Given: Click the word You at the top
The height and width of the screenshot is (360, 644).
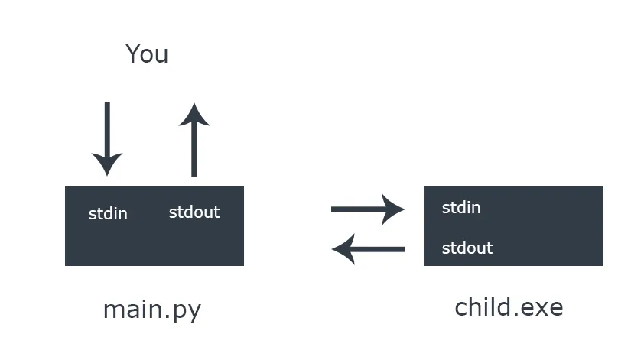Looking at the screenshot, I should tap(147, 54).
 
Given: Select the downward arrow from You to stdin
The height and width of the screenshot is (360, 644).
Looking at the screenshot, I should tap(107, 138).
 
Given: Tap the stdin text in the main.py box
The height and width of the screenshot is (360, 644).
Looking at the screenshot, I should tap(108, 214).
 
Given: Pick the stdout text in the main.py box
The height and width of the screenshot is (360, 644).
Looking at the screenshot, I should tap(194, 212).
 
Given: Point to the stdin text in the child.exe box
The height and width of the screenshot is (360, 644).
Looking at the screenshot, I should tap(461, 207).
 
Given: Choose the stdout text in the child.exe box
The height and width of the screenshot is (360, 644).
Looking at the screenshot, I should tap(467, 248).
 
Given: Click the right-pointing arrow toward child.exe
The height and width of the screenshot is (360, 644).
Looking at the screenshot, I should tap(367, 209).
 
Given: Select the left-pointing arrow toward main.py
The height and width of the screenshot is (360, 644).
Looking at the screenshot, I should tap(369, 249).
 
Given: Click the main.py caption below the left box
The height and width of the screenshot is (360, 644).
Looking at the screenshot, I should tap(152, 310).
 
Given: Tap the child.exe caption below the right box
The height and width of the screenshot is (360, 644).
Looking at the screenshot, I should tap(509, 307).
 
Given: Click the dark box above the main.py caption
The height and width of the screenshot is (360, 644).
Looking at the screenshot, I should tap(154, 245).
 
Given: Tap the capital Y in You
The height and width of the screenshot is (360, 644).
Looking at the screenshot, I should tap(133, 54).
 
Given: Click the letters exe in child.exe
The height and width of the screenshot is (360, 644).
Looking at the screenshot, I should tap(542, 307).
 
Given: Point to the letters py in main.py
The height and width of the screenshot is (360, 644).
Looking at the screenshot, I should tap(187, 311).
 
